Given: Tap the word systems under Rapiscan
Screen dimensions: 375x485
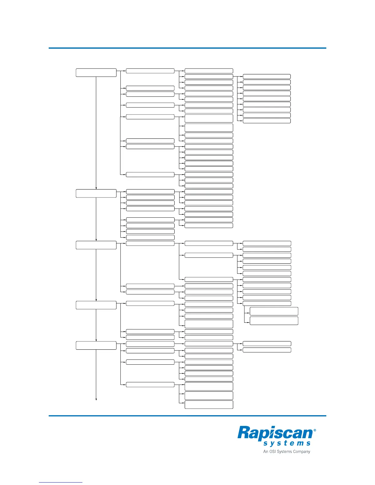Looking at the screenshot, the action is pyautogui.click(x=287, y=443).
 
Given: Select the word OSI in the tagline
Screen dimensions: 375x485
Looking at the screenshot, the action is pyautogui.click(x=273, y=451).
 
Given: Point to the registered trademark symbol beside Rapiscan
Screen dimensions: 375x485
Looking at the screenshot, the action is pyautogui.click(x=315, y=430).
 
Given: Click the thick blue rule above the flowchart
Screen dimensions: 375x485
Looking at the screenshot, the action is pyautogui.click(x=187, y=48).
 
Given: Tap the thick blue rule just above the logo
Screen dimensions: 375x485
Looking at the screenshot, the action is pyautogui.click(x=187, y=415).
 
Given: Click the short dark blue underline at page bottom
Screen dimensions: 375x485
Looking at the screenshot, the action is pyautogui.click(x=61, y=483).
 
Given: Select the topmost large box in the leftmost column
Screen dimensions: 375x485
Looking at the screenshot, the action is pyautogui.click(x=96, y=73).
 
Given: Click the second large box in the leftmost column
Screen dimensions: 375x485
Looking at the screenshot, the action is pyautogui.click(x=96, y=194).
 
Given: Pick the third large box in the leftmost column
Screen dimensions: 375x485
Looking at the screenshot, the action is pyautogui.click(x=96, y=245).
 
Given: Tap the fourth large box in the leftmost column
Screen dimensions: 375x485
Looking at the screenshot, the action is pyautogui.click(x=96, y=305).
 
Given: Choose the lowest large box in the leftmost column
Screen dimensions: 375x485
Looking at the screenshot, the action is pyautogui.click(x=96, y=345).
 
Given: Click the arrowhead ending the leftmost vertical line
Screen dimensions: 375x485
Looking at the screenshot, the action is pyautogui.click(x=96, y=399).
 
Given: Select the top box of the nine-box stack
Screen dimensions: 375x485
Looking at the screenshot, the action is pyautogui.click(x=267, y=77).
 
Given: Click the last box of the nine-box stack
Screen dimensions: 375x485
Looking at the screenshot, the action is pyautogui.click(x=267, y=121).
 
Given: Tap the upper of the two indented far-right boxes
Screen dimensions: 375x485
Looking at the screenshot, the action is pyautogui.click(x=274, y=311).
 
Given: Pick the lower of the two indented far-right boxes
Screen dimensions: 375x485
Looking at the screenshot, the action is pyautogui.click(x=274, y=321).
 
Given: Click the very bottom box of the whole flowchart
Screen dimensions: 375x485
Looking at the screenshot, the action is pyautogui.click(x=209, y=404).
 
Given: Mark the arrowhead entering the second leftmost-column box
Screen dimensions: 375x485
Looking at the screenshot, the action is pyautogui.click(x=96, y=188).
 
